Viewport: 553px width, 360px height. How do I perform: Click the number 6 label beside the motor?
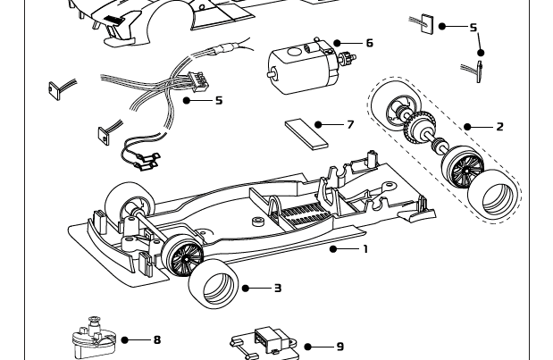369,43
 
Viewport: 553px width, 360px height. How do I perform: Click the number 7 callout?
350,124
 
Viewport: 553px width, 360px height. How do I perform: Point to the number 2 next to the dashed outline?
499,127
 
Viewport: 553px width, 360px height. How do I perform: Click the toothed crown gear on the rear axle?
415,132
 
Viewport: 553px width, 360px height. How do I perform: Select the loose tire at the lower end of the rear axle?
496,197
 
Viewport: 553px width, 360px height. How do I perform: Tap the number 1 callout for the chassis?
364,249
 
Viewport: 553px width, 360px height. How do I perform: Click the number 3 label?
278,288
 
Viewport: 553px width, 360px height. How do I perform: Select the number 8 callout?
157,339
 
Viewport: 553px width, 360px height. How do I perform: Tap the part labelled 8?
95,339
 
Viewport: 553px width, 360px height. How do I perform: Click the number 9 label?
339,347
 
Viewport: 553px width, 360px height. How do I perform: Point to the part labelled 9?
265,343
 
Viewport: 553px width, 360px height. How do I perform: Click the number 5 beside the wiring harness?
219,100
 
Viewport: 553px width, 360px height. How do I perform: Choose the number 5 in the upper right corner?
473,28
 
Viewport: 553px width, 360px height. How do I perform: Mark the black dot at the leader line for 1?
333,249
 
